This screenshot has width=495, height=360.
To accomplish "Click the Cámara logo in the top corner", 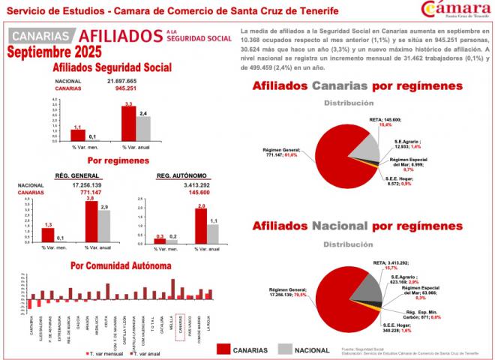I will (457, 11).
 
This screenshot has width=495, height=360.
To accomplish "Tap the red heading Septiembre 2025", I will (54, 53).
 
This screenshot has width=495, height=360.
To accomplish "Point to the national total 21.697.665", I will (121, 80).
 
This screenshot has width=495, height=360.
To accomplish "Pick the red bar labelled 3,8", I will (91, 223).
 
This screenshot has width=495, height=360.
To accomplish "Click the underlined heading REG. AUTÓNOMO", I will (182, 175).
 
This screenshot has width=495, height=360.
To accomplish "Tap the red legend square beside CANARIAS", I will (222, 349).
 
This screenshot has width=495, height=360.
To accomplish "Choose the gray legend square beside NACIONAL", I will (284, 349).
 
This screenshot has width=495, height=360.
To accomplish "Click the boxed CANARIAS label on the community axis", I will (181, 327).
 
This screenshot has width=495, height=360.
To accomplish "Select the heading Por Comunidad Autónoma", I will (121, 266).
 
